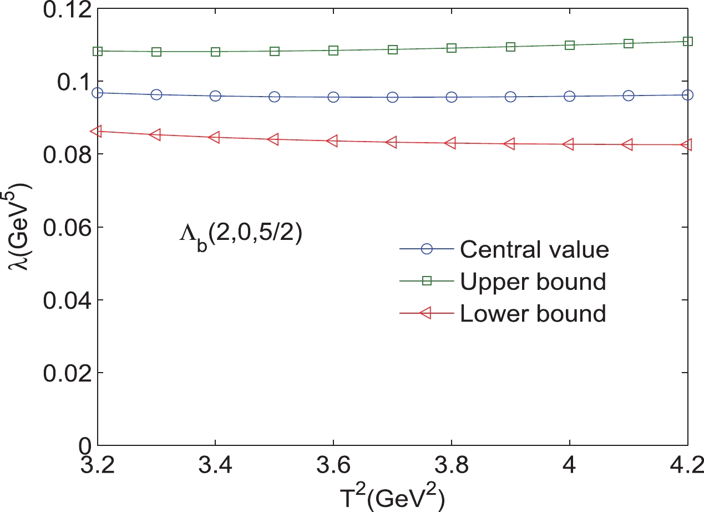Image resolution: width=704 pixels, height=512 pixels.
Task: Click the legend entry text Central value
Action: (534, 250)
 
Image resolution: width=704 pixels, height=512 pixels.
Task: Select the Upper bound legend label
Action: (533, 282)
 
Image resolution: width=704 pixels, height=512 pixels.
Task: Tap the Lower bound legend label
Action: (533, 314)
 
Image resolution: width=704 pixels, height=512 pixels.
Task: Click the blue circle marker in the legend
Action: (427, 250)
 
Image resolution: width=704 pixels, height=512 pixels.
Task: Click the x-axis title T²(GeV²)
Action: (393, 493)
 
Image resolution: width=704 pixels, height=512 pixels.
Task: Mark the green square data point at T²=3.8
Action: (452, 48)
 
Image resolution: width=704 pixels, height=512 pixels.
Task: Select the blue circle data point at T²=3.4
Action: (215, 96)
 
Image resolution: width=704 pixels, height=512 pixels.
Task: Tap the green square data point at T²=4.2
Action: (688, 41)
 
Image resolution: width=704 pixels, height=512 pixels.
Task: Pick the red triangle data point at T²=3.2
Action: (97, 132)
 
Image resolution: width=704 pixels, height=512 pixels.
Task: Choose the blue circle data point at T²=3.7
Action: (393, 97)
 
